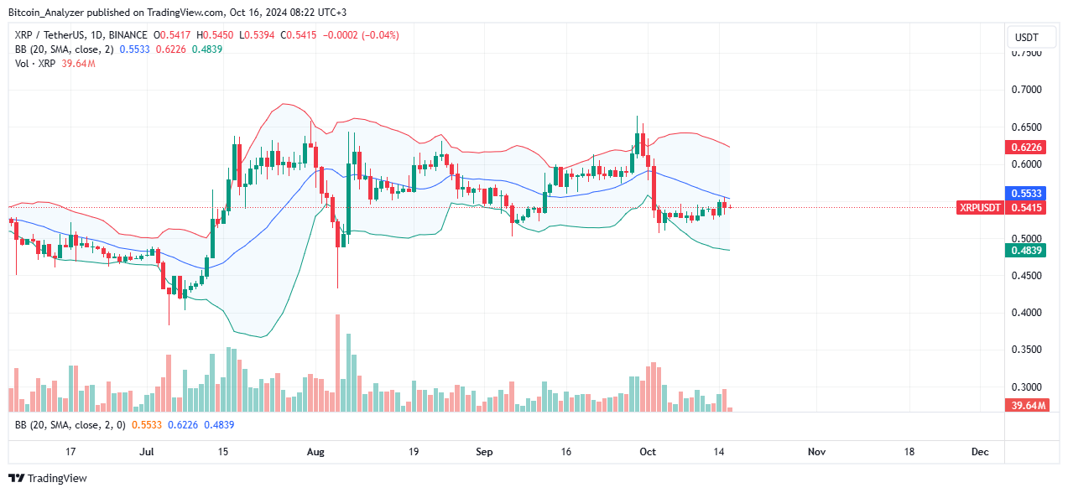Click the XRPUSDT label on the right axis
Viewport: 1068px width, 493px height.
[980, 207]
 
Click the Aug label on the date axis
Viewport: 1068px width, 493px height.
[315, 452]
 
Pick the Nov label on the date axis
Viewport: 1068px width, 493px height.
[817, 452]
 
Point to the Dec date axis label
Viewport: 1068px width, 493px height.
[980, 452]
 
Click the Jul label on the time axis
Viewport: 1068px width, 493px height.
[147, 452]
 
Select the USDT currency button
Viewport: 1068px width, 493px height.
[1027, 37]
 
